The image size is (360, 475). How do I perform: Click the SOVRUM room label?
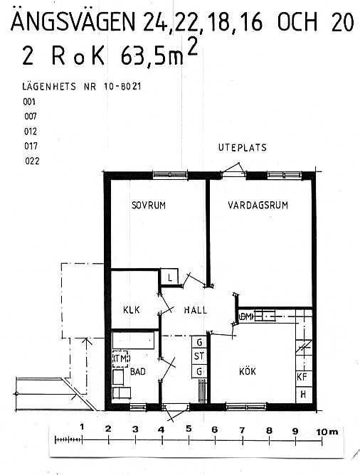coord(149,206)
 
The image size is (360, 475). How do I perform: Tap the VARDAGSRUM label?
coord(258,206)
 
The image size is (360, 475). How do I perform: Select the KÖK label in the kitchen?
coord(248,370)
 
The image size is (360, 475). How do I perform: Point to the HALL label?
coord(196,310)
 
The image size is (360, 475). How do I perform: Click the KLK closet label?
coord(132,310)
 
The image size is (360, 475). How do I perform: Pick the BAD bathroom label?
coord(138,371)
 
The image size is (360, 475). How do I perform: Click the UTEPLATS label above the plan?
coord(243,147)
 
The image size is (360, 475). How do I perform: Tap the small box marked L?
coord(169,277)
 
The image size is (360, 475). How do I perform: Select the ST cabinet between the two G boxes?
coord(199,356)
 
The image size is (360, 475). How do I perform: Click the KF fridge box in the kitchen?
coord(303,377)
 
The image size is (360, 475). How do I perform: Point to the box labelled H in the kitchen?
coord(304,395)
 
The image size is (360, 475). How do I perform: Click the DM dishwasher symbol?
coord(246,317)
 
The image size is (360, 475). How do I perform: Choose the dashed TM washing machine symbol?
coord(121,358)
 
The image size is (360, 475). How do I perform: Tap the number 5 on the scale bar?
coord(189,429)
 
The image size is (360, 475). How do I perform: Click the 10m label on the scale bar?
coord(327,432)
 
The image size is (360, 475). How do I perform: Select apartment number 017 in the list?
coord(31,146)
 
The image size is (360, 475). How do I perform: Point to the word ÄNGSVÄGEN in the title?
coord(73,21)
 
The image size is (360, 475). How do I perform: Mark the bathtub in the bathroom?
coord(134,340)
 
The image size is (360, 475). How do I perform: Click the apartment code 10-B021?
coord(122,87)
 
